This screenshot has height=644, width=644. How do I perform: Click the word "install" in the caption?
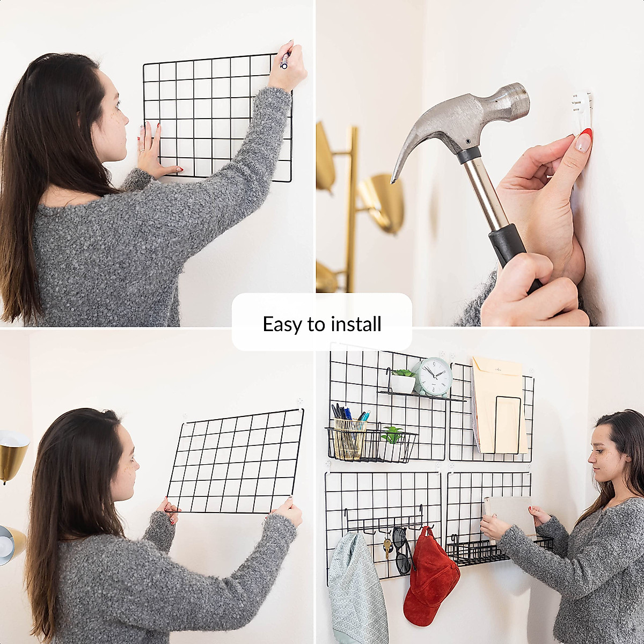pos(356,324)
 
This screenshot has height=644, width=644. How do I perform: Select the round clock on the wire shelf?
pos(434,377)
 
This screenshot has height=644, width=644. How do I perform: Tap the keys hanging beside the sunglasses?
pos(387,547)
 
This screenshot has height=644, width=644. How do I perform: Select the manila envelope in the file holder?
pos(497,402)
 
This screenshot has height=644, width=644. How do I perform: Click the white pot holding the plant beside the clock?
pos(402,383)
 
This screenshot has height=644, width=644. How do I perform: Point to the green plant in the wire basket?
pos(393,434)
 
